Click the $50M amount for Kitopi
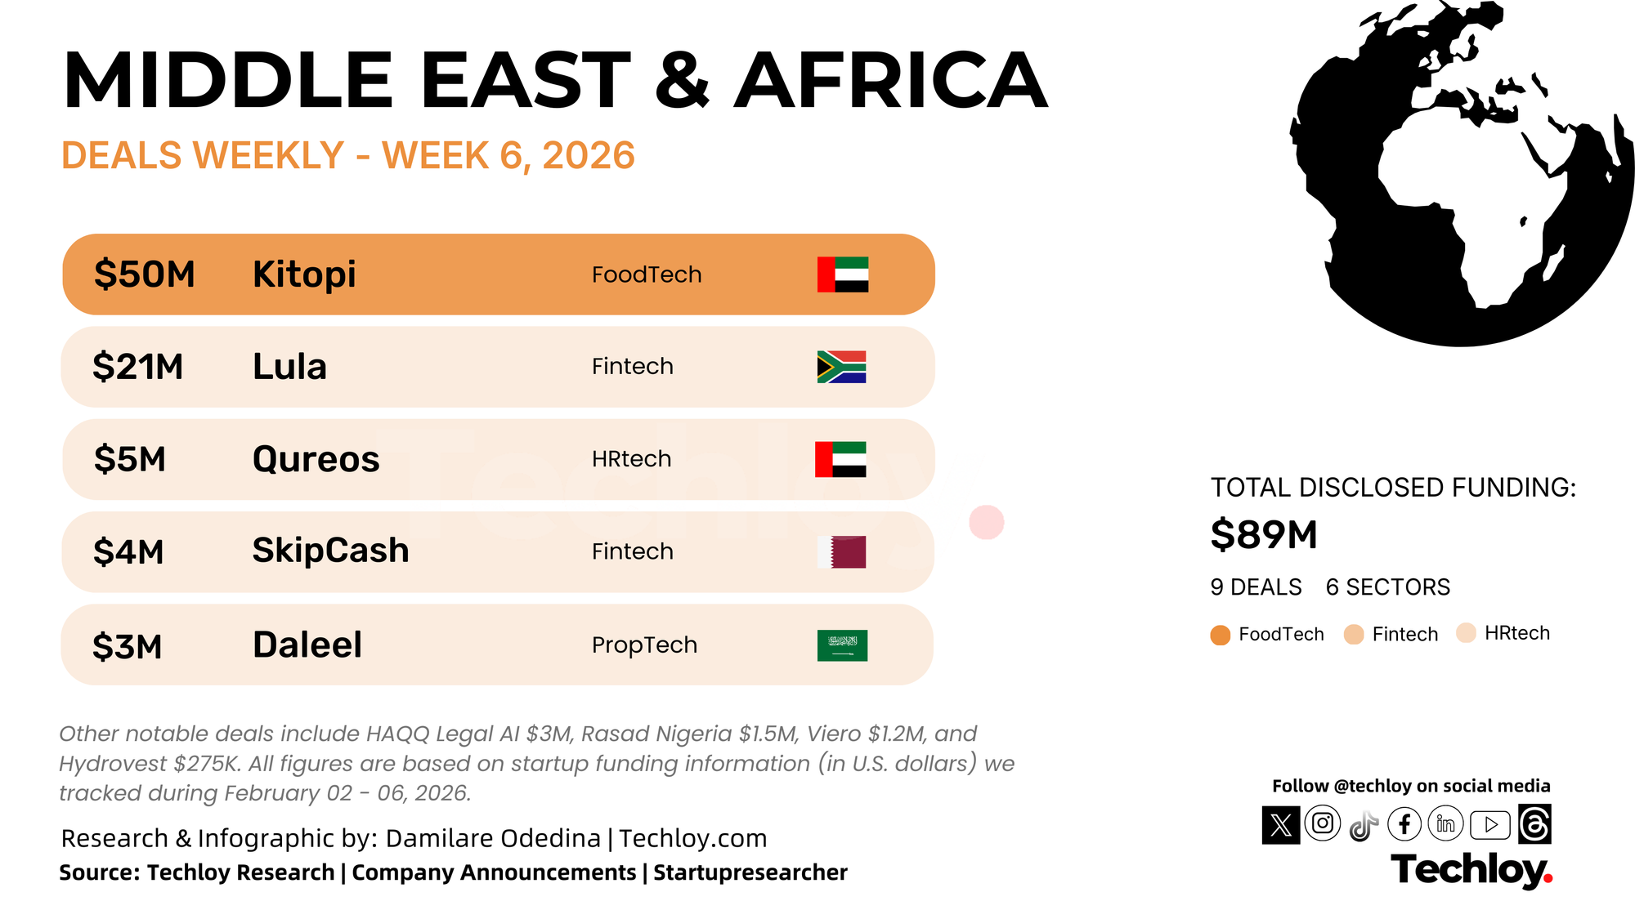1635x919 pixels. (144, 274)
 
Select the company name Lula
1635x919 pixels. (289, 367)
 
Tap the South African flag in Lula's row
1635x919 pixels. (841, 367)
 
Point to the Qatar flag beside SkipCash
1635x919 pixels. (841, 552)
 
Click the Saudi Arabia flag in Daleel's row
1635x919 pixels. (842, 645)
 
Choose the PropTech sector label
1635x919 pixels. (644, 645)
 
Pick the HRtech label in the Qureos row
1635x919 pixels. (631, 459)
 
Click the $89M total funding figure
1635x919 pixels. (1264, 535)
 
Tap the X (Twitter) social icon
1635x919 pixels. (1281, 824)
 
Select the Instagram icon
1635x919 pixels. (1323, 823)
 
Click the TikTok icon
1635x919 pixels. (1364, 826)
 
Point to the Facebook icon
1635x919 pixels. (1404, 824)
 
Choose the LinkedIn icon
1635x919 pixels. (1445, 824)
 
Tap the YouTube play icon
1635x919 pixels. (1490, 825)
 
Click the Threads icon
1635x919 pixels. (1534, 824)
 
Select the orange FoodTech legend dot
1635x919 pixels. (1221, 636)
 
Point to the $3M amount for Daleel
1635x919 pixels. (127, 646)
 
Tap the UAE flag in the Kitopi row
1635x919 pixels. (843, 274)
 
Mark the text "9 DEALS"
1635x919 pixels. (1256, 587)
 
